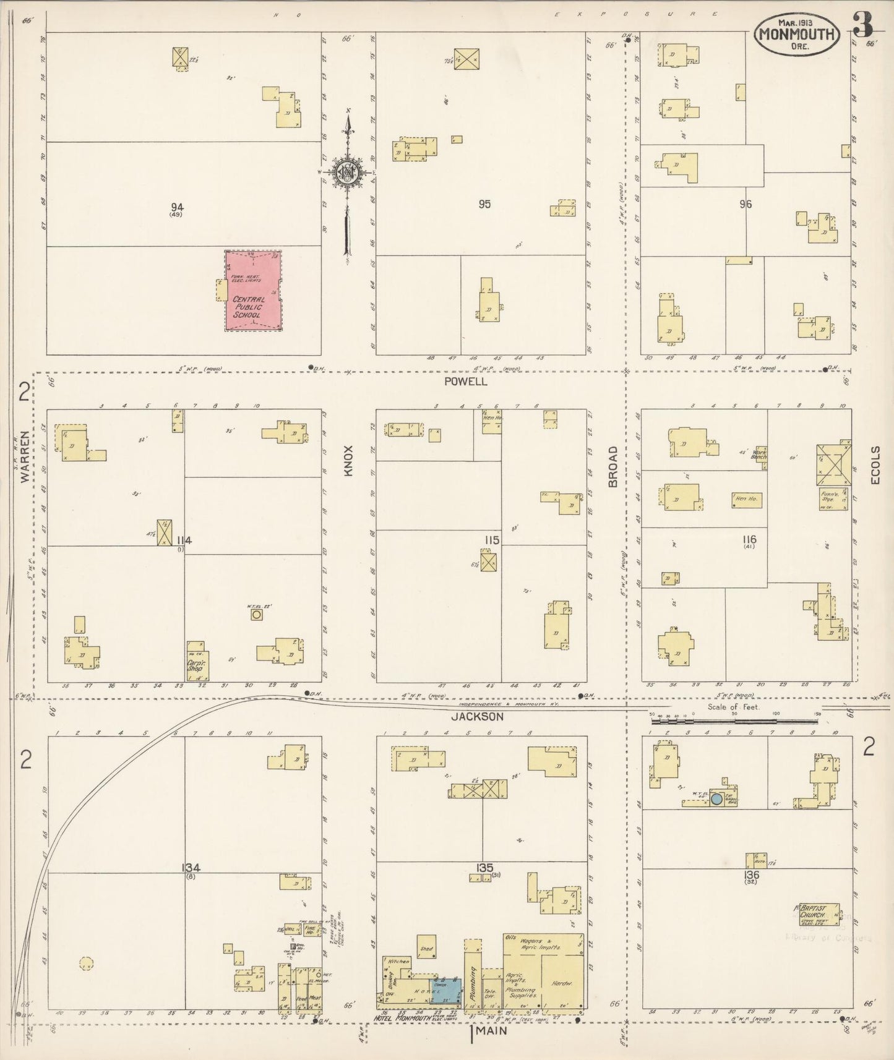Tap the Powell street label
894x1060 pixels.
point(465,382)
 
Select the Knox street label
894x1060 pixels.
point(348,461)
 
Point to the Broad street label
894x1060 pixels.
point(613,467)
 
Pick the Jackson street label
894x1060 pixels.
point(486,717)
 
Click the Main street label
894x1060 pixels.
point(491,1031)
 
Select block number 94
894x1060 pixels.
point(178,207)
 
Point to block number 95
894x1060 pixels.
point(484,203)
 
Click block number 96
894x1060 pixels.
point(746,203)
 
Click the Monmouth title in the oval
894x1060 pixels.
point(797,34)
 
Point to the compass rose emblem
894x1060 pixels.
point(348,173)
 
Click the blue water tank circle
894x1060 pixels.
point(716,798)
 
